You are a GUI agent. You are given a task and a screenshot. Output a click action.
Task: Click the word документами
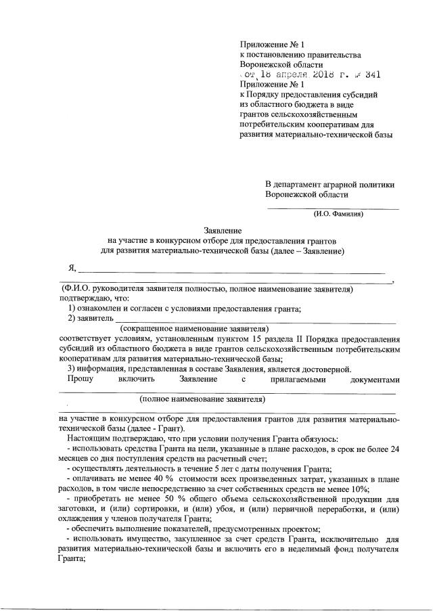(376, 380)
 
